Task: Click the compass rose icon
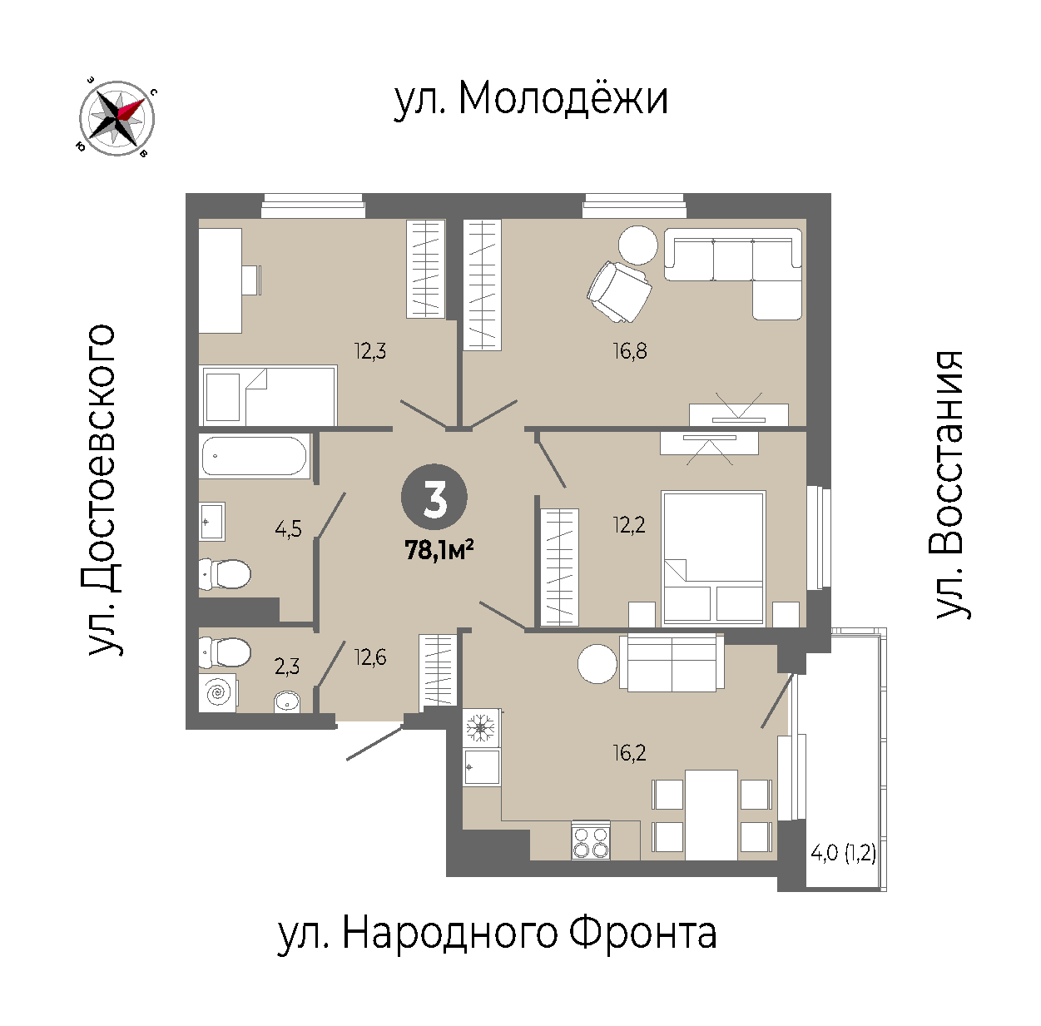click(x=116, y=118)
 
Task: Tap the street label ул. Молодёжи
click(x=531, y=99)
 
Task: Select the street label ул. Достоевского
click(x=102, y=489)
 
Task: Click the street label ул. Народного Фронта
click(x=497, y=934)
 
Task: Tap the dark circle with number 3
click(x=434, y=498)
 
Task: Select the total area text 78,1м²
click(x=439, y=552)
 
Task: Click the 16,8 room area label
click(x=629, y=351)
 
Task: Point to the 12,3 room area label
click(x=370, y=351)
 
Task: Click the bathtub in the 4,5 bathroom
click(x=255, y=456)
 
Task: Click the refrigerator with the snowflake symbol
click(x=481, y=728)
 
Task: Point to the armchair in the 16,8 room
click(x=619, y=292)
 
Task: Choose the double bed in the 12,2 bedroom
click(x=714, y=558)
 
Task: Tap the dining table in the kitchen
click(x=711, y=815)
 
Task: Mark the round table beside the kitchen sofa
click(x=597, y=664)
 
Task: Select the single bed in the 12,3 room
click(x=268, y=395)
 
